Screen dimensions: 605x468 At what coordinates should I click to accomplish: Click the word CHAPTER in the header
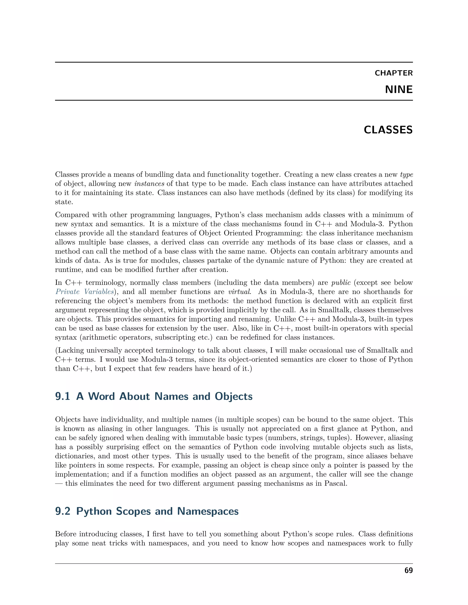[x=394, y=73]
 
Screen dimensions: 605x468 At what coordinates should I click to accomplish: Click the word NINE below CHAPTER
[x=399, y=89]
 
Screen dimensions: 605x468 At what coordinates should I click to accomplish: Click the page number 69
[x=408, y=570]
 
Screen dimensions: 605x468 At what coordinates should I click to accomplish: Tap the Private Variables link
[x=85, y=292]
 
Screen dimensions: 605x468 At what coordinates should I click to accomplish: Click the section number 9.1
[x=63, y=396]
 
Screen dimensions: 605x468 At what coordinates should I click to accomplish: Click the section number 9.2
[x=63, y=511]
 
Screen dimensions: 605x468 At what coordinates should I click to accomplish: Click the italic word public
[x=341, y=283]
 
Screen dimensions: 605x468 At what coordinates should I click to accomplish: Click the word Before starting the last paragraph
[x=66, y=534]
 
